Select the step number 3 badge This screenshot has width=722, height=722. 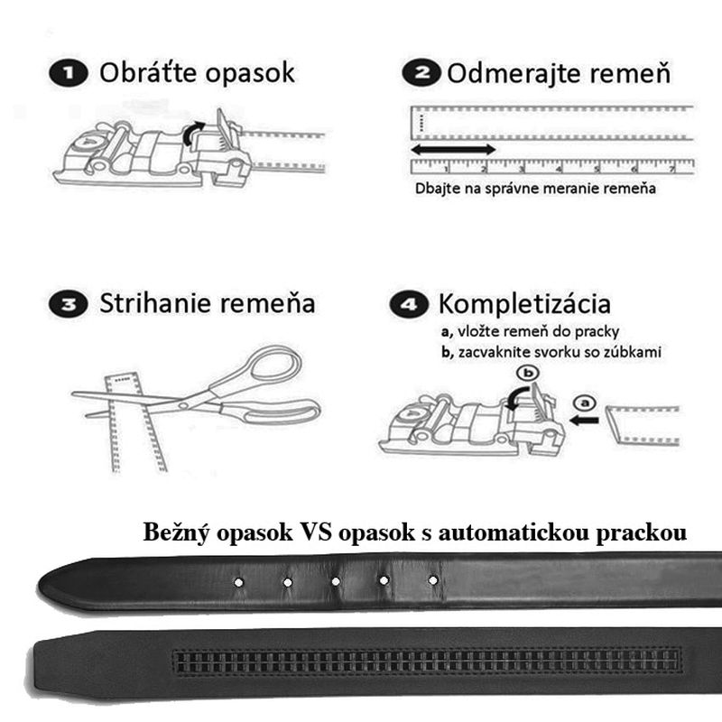pyautogui.click(x=69, y=304)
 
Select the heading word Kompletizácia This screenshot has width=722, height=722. pyautogui.click(x=523, y=303)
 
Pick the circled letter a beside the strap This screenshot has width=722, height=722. pyautogui.click(x=583, y=401)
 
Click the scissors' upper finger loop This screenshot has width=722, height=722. pyautogui.click(x=275, y=366)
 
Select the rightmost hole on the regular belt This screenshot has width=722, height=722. pyautogui.click(x=432, y=579)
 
